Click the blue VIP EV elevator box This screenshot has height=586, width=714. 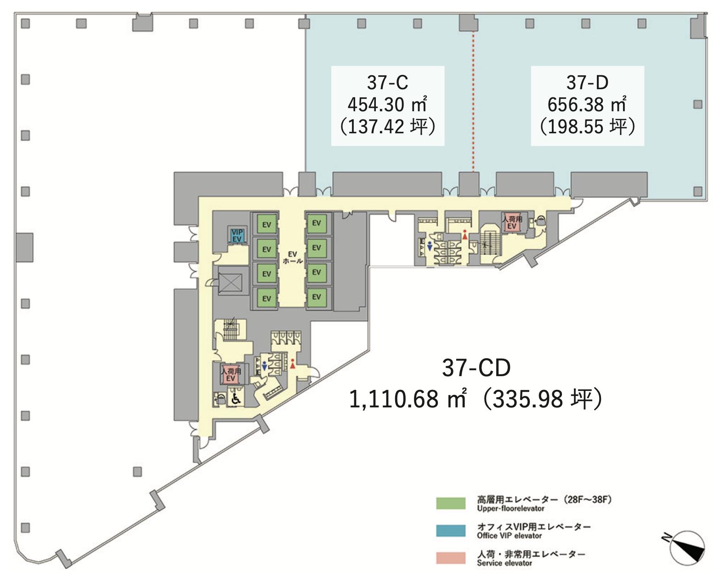click(x=237, y=235)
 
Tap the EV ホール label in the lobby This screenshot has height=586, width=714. click(x=293, y=257)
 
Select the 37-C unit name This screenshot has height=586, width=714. click(x=388, y=82)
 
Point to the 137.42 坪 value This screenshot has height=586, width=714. click(x=388, y=127)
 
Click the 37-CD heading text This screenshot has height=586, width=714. click(x=476, y=368)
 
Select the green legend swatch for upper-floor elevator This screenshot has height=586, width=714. click(x=450, y=503)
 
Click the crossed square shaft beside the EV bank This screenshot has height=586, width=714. click(x=230, y=282)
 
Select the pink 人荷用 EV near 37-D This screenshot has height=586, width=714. click(x=511, y=222)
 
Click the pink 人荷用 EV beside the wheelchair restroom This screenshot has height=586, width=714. click(x=231, y=375)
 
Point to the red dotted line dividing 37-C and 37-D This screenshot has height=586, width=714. click(x=473, y=101)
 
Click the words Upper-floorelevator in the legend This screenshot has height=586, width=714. click(x=510, y=508)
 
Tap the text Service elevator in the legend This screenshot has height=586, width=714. click(x=504, y=563)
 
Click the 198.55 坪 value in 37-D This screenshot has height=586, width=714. click(x=587, y=127)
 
